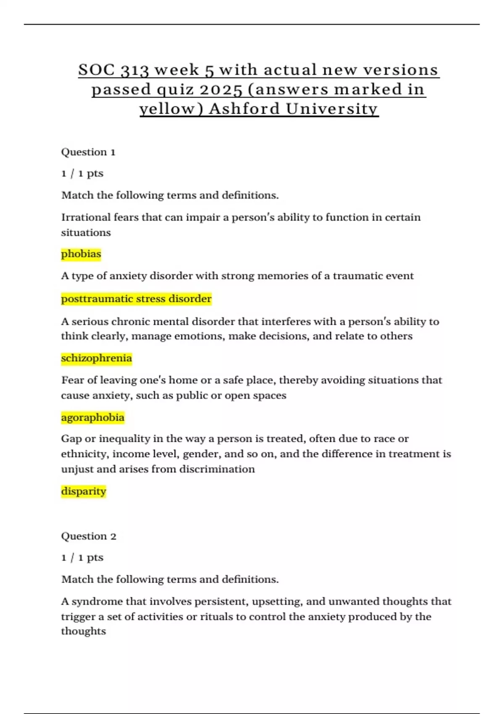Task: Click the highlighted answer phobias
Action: coord(81,254)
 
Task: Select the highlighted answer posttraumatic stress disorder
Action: coord(136,299)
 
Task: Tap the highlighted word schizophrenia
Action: coord(96,358)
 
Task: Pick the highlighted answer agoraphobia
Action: coord(92,417)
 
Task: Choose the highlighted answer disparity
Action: coord(83,491)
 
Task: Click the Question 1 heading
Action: coord(88,152)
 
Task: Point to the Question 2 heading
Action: coord(89,536)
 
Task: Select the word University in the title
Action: coord(332,109)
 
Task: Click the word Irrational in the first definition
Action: coord(86,217)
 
